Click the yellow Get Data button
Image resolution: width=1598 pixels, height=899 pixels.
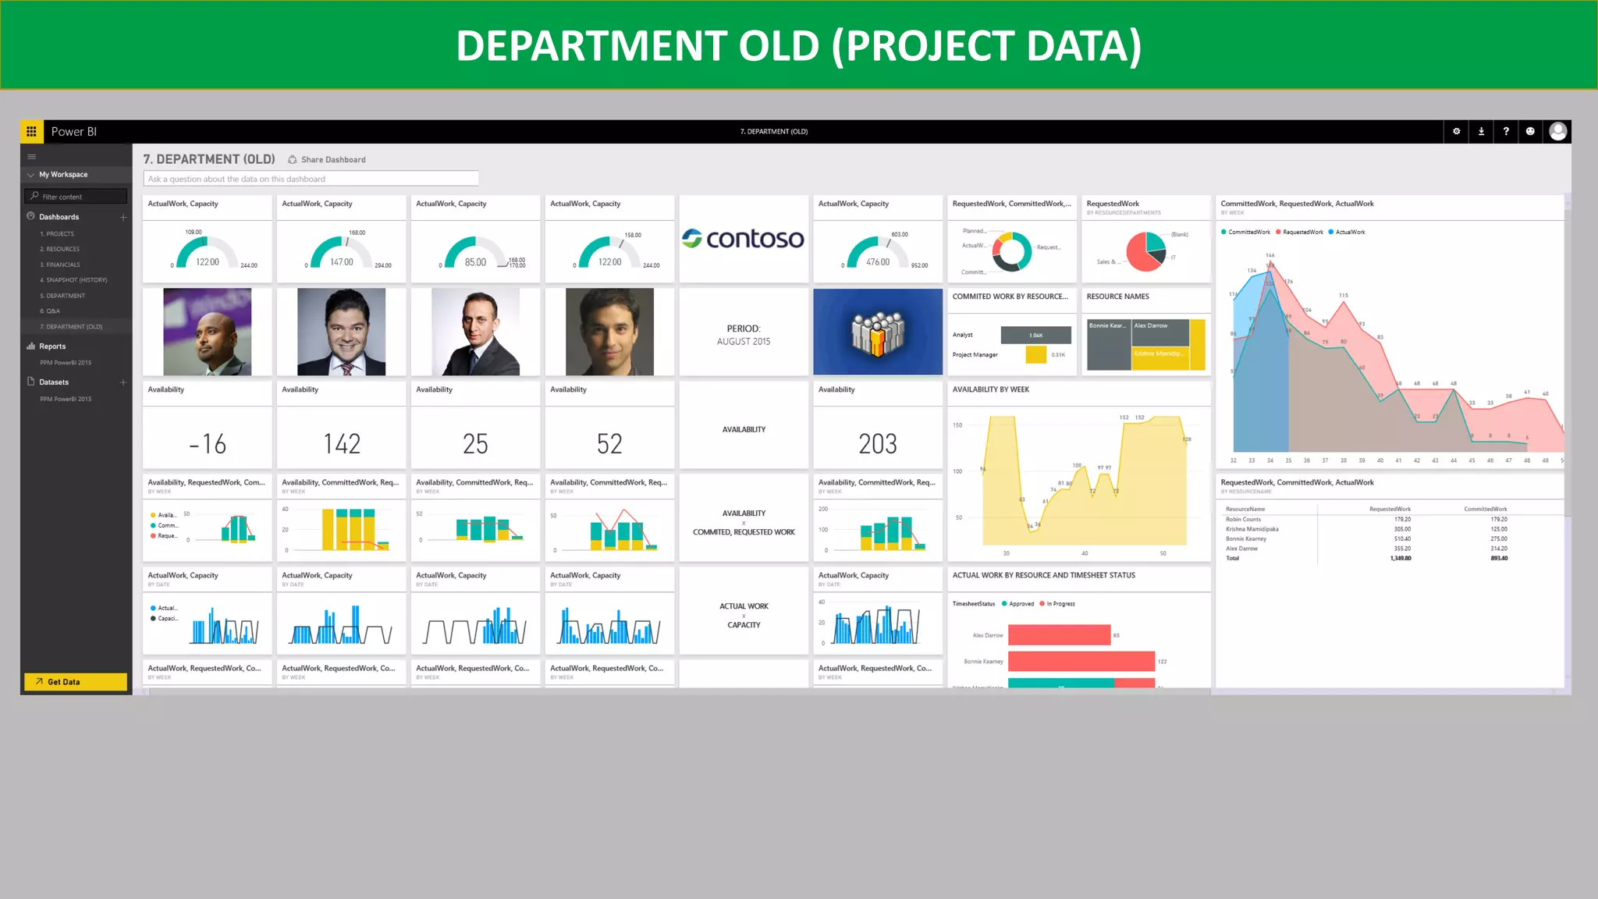(x=75, y=681)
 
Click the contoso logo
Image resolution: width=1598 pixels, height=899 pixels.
(x=743, y=239)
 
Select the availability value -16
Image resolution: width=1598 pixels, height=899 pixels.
(x=208, y=444)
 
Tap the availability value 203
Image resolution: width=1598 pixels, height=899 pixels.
(x=878, y=444)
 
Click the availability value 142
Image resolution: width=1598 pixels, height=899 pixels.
(x=342, y=444)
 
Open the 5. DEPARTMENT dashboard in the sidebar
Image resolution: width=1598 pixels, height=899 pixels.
(x=62, y=296)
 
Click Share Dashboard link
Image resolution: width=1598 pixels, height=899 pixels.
(x=332, y=160)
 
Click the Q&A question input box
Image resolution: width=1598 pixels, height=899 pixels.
(x=311, y=179)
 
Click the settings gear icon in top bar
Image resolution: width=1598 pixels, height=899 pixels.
(x=1456, y=132)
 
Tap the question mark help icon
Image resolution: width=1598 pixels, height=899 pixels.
(x=1506, y=132)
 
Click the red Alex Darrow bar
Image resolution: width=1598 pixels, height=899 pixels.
(x=1059, y=635)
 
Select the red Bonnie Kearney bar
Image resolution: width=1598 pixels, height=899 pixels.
(x=1081, y=662)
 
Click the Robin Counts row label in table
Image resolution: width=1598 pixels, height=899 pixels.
(x=1243, y=520)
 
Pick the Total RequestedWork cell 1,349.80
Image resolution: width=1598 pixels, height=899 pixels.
(x=1400, y=559)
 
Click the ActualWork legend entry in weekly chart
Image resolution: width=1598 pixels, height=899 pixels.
(x=1349, y=232)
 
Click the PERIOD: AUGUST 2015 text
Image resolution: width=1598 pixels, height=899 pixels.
(x=744, y=335)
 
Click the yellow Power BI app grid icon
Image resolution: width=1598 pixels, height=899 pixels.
(x=31, y=132)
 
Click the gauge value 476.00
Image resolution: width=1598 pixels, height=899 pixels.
(x=878, y=262)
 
